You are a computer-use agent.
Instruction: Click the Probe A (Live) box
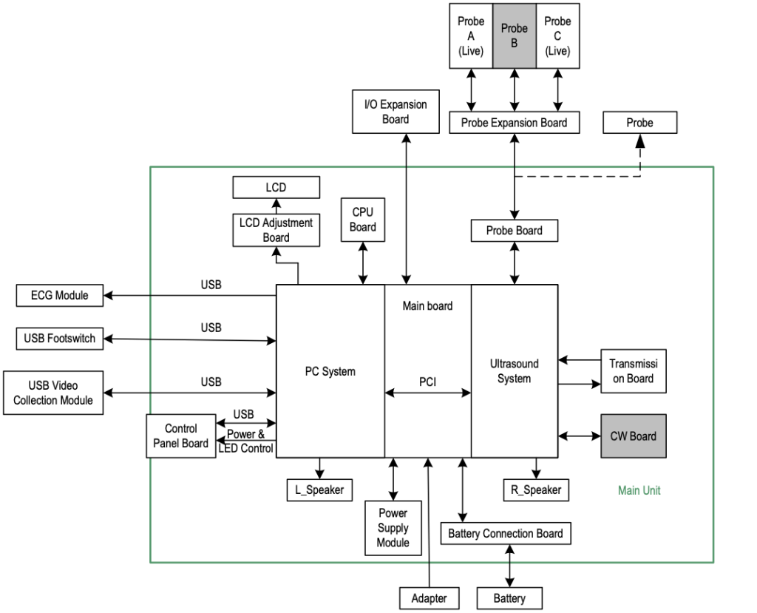471,36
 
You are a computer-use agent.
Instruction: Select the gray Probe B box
515,36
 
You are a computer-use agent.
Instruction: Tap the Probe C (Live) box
557,36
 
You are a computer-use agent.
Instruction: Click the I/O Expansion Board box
396,112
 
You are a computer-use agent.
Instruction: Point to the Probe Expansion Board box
514,123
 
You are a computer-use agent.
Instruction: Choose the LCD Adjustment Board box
276,230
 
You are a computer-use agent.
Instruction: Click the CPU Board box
363,220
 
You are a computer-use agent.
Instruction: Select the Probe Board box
514,231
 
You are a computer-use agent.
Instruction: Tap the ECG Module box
59,296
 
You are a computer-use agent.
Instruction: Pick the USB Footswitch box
59,339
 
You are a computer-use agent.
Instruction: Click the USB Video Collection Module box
53,393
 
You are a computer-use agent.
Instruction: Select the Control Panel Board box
181,436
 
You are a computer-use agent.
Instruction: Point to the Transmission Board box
633,371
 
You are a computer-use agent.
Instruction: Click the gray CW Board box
633,436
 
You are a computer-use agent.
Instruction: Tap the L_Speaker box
319,490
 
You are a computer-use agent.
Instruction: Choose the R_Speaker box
536,490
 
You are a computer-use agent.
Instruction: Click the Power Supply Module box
393,528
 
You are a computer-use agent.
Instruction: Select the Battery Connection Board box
506,533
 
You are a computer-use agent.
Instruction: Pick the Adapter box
429,598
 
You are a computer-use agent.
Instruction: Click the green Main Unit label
639,490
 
